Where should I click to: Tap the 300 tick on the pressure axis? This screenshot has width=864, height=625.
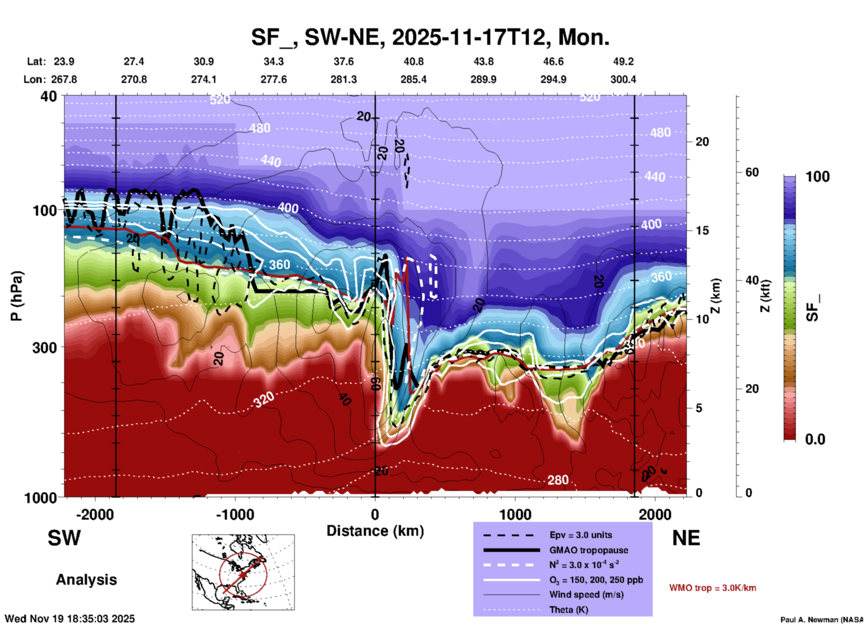[45, 347]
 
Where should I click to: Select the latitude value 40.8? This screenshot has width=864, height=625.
[413, 61]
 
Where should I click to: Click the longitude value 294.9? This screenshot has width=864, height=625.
[553, 79]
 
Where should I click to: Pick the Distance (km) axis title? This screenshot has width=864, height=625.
[375, 531]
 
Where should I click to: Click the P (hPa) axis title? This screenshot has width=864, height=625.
[17, 296]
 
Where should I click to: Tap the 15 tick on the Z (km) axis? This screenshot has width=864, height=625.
[702, 230]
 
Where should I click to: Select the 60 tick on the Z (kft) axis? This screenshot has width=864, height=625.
[752, 172]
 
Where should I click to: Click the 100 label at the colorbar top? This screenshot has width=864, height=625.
[817, 177]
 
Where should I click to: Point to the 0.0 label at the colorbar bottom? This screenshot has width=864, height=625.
[815, 439]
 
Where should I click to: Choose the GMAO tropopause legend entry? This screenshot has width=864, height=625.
[589, 550]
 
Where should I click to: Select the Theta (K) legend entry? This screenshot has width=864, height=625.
[568, 610]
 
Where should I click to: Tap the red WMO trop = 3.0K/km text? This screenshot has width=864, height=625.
[712, 588]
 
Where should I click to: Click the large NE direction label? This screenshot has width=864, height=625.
[686, 538]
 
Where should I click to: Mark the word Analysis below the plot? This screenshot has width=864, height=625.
[86, 580]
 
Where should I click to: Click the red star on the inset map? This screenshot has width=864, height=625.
[243, 574]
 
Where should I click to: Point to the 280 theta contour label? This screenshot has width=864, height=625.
[558, 480]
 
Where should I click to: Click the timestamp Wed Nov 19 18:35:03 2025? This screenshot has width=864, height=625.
[70, 619]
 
